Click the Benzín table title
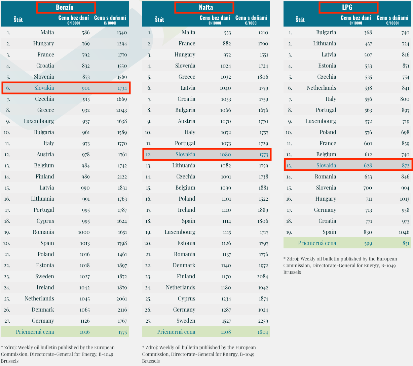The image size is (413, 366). click(x=65, y=7)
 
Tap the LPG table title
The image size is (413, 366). click(x=347, y=7)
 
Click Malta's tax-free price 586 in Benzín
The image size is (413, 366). click(x=86, y=33)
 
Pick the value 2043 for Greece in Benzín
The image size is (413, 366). click(x=121, y=110)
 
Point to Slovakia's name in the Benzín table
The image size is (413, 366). click(x=44, y=88)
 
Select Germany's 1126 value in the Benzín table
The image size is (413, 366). click(x=85, y=321)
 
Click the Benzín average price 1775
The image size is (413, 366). click(x=122, y=332)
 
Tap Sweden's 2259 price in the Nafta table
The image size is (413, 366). click(x=263, y=321)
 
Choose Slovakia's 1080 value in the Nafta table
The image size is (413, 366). click(x=225, y=155)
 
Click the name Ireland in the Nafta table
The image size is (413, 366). click(x=186, y=210)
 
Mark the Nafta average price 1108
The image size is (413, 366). click(x=226, y=332)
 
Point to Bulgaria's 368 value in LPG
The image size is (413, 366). click(x=368, y=33)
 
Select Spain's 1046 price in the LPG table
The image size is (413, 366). click(x=404, y=232)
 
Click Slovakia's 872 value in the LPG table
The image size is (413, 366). click(x=406, y=166)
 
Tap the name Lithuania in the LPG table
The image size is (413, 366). click(x=325, y=44)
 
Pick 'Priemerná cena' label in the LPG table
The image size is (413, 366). click(x=317, y=243)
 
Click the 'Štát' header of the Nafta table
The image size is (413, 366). click(x=159, y=19)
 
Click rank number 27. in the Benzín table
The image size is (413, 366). click(x=7, y=321)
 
